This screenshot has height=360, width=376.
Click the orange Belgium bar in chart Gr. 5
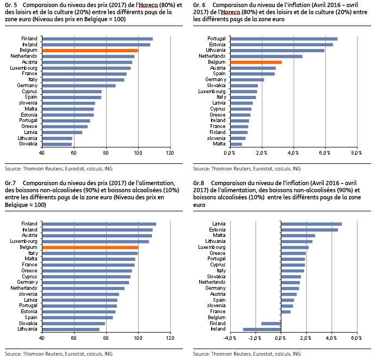point(90,51)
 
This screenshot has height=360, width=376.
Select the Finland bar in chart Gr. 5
point(97,39)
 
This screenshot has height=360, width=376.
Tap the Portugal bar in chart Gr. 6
point(284,39)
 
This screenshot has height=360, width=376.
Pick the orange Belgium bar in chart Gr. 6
point(256,63)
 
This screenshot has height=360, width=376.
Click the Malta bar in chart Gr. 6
point(236,144)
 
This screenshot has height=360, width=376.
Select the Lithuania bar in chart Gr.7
point(71,330)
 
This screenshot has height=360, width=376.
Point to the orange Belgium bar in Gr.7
point(90,247)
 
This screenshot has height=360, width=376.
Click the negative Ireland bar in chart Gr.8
point(262,330)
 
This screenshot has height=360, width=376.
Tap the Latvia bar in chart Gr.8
point(311,224)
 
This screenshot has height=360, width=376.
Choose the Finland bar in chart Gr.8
point(271,324)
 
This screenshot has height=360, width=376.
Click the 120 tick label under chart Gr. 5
point(170,153)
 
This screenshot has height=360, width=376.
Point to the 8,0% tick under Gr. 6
point(356,153)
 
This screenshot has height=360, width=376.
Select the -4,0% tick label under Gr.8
point(230,338)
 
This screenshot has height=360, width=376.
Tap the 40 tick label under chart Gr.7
point(42,338)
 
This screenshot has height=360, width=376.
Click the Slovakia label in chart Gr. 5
point(28,144)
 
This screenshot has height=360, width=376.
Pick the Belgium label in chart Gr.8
point(217,318)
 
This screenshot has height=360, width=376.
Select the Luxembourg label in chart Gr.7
point(23,241)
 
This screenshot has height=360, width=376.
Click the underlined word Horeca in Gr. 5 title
point(149,5)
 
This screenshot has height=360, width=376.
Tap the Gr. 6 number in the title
point(199,5)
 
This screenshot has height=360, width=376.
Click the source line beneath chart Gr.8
point(246,354)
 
